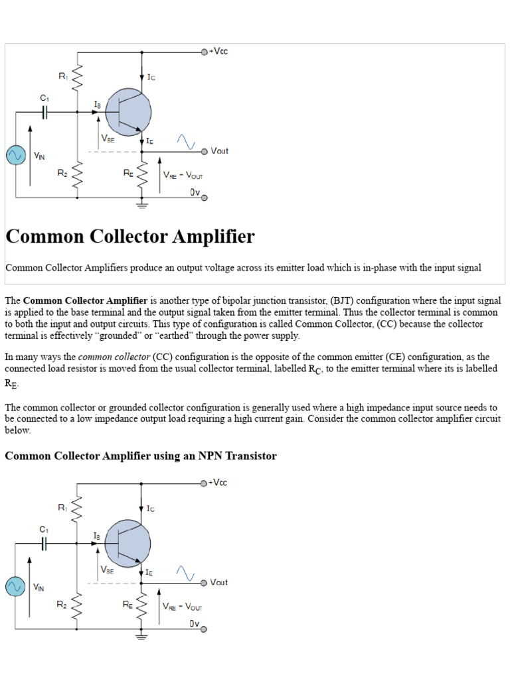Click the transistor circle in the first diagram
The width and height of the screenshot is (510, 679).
(128, 111)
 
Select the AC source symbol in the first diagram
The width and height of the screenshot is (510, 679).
(15, 155)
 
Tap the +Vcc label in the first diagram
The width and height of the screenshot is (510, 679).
(218, 51)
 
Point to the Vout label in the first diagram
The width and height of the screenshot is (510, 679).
(219, 151)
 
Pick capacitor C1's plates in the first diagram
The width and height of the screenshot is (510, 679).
(44, 112)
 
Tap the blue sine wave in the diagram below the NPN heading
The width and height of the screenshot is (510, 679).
(185, 573)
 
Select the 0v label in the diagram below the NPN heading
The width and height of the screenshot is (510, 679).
(195, 623)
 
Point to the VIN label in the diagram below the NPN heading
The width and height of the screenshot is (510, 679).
(39, 587)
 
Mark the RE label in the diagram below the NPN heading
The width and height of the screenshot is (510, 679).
(127, 604)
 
